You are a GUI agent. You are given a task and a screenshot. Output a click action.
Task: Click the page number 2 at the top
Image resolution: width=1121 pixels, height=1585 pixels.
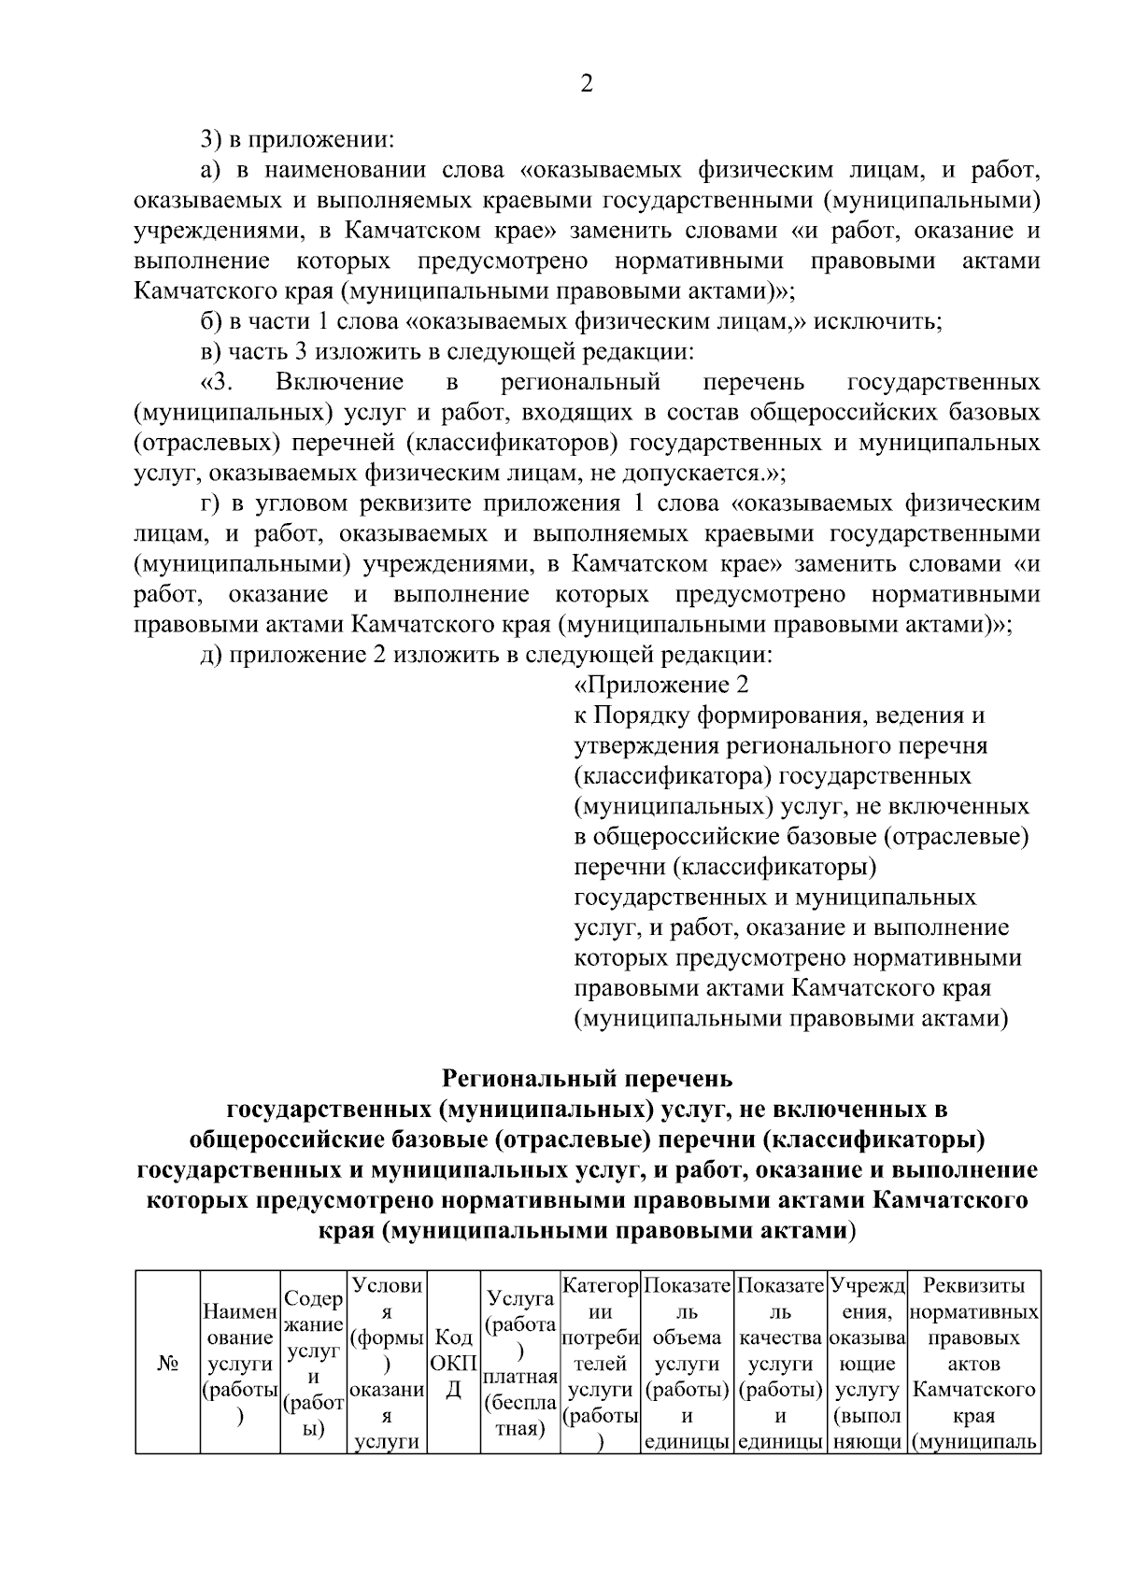pyautogui.click(x=587, y=84)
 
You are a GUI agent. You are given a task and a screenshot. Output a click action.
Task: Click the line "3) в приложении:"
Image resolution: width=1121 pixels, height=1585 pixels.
pyautogui.click(x=297, y=140)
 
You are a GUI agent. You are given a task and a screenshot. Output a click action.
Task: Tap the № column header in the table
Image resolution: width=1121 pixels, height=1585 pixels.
pyautogui.click(x=167, y=1364)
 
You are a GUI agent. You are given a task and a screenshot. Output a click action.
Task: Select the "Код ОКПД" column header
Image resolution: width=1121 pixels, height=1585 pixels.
pyautogui.click(x=453, y=1364)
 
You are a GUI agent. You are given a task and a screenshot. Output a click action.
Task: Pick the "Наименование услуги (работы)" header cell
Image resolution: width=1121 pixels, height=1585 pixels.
pyautogui.click(x=240, y=1364)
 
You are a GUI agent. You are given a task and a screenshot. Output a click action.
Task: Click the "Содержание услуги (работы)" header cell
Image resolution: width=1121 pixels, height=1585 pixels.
pyautogui.click(x=314, y=1364)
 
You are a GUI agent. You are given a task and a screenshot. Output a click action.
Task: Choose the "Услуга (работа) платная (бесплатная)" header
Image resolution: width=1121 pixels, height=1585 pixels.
pyautogui.click(x=519, y=1364)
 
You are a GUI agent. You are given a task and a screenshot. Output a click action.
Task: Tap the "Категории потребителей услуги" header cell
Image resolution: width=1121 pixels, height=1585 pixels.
pyautogui.click(x=601, y=1364)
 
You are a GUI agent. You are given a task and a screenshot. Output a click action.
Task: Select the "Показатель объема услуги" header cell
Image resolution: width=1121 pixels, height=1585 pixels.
pyautogui.click(x=687, y=1364)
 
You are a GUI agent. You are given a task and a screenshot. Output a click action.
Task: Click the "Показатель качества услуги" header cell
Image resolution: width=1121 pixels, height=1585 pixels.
pyautogui.click(x=780, y=1364)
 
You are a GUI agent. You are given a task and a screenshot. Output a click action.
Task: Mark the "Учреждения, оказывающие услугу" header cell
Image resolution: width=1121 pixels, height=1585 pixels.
pyautogui.click(x=868, y=1364)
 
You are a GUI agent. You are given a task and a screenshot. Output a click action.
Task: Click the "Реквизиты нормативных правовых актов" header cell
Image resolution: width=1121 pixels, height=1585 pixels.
pyautogui.click(x=973, y=1364)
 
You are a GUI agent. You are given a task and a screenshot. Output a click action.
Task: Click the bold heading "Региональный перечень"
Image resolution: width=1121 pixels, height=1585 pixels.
pyautogui.click(x=587, y=1080)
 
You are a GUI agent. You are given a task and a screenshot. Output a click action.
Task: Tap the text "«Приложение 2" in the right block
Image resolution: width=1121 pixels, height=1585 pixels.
pyautogui.click(x=660, y=686)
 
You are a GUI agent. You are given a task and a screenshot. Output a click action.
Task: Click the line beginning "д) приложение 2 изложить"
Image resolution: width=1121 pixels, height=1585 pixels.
pyautogui.click(x=486, y=655)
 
